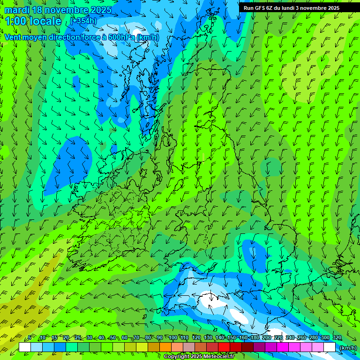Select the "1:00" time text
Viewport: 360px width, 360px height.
point(15,21)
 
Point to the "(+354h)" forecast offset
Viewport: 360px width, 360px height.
point(84,21)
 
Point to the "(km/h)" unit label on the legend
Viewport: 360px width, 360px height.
point(347,348)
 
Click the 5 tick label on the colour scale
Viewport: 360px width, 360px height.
point(30,338)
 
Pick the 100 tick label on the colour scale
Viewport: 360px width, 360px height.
point(172,338)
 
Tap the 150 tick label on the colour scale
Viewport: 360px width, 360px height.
point(231,338)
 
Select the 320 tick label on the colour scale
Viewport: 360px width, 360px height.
point(337,338)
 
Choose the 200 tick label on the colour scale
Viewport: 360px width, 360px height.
point(266,338)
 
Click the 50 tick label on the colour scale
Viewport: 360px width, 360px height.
point(113,338)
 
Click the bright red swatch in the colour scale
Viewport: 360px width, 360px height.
point(224,347)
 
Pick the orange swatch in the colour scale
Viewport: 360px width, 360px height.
point(165,347)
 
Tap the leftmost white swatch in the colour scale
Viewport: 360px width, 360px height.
point(25,347)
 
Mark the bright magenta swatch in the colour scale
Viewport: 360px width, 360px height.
point(283,347)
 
